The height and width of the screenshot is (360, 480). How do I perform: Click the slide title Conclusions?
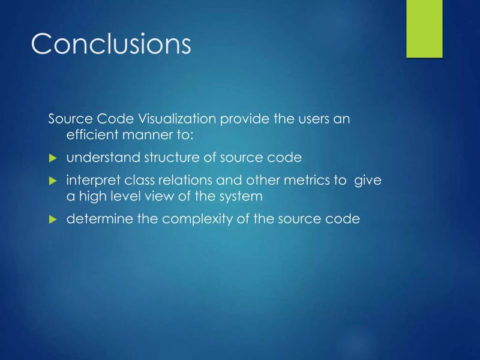point(111,44)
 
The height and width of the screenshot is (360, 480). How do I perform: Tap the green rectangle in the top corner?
point(424,28)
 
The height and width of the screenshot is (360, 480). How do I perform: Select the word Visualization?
point(178,119)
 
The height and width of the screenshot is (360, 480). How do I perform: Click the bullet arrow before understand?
point(52,158)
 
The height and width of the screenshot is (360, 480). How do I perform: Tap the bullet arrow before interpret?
point(52,181)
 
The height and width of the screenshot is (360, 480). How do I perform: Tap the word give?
point(368,180)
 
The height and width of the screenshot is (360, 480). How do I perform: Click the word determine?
point(99,219)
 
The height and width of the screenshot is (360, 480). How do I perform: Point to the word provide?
point(246,119)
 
